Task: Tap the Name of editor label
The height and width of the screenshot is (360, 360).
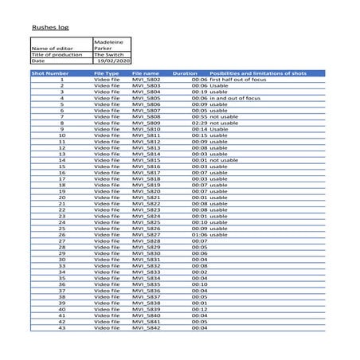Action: (50, 48)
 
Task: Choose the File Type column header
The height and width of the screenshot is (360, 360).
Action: (106, 73)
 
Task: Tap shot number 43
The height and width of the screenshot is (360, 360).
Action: (61, 327)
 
